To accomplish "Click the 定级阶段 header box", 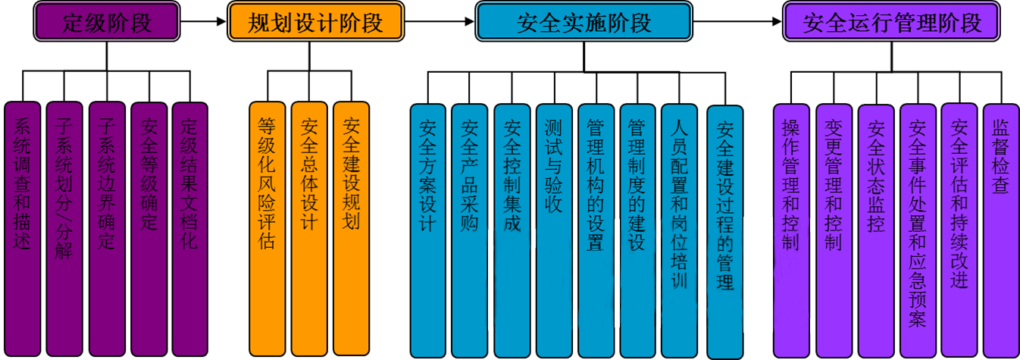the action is click(107, 21).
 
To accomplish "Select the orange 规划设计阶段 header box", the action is click(315, 21).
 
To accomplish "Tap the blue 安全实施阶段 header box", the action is click(584, 21).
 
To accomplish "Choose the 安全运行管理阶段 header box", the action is click(892, 21).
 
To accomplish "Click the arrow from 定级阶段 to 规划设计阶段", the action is click(204, 21).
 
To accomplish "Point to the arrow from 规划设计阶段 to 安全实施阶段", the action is click(440, 21).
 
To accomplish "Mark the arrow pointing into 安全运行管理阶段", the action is click(737, 21).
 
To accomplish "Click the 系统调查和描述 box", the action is click(22, 229).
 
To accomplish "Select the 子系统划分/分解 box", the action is click(64, 229).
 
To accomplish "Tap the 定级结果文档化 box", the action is click(190, 229).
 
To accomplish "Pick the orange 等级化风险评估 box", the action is click(268, 229).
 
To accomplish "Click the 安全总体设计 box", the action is click(309, 229).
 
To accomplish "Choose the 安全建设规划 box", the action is click(351, 228).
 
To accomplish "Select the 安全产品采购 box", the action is click(470, 230).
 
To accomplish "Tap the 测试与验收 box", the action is click(554, 230).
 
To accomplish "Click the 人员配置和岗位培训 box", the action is click(680, 230).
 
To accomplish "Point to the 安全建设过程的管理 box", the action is click(725, 232).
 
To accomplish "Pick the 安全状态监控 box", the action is click(876, 231).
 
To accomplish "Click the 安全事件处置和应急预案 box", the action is click(918, 230).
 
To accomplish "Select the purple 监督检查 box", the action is click(1001, 230).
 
